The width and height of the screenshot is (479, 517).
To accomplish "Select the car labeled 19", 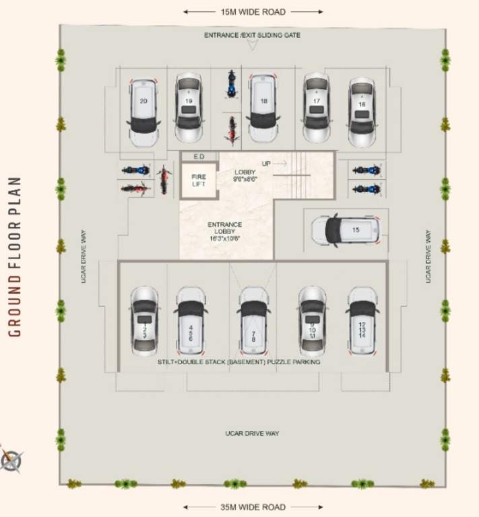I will point(189,108).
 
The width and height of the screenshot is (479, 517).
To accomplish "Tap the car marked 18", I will point(263,108).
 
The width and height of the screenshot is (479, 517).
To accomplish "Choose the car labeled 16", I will point(362,111).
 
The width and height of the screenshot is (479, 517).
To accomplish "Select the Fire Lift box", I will point(199,180).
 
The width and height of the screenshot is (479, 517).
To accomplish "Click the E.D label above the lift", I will point(199,156).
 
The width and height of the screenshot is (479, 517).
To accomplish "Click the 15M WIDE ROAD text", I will point(253,12).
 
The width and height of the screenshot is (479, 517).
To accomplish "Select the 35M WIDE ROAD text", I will point(253,507).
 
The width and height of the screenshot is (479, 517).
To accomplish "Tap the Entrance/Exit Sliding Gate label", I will point(253,34).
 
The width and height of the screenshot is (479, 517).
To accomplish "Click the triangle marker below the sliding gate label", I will point(253,46).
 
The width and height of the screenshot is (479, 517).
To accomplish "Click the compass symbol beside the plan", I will point(11,460).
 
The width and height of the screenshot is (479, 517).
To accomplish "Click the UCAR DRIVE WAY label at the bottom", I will point(252,434).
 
